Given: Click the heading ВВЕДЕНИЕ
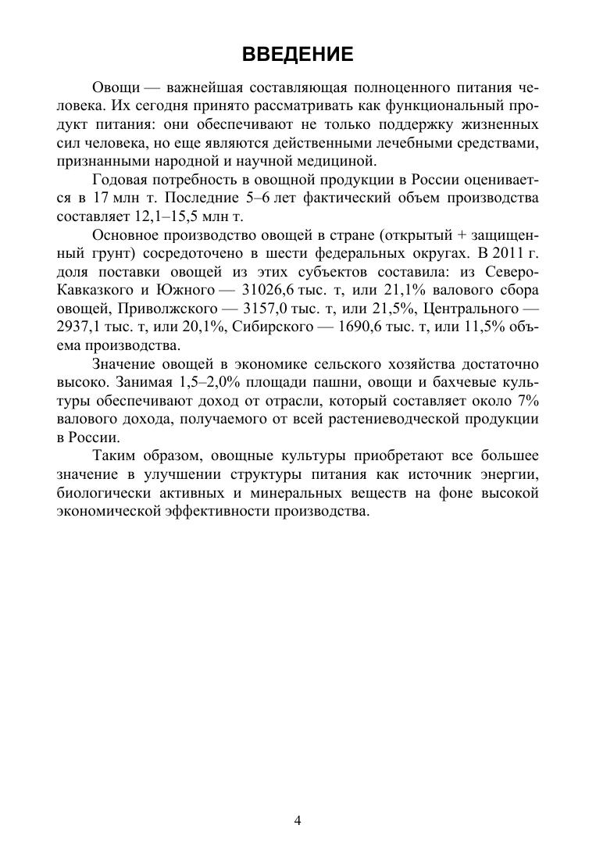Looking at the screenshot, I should [298, 54].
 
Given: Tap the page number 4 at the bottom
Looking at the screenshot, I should [298, 820].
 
